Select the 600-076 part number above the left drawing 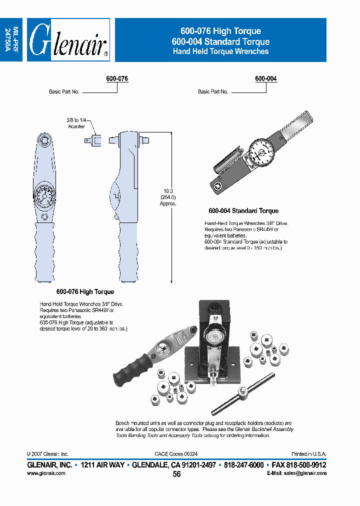pyautogui.click(x=117, y=79)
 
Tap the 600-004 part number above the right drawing pyautogui.click(x=265, y=79)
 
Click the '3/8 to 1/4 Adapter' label pyautogui.click(x=76, y=123)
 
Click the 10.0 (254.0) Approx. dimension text pyautogui.click(x=168, y=197)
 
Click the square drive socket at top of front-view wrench pyautogui.click(x=44, y=138)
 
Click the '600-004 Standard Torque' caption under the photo pyautogui.click(x=243, y=211)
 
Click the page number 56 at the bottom pyautogui.click(x=176, y=474)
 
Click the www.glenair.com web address pyautogui.click(x=46, y=473)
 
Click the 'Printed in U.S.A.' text pyautogui.click(x=309, y=454)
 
